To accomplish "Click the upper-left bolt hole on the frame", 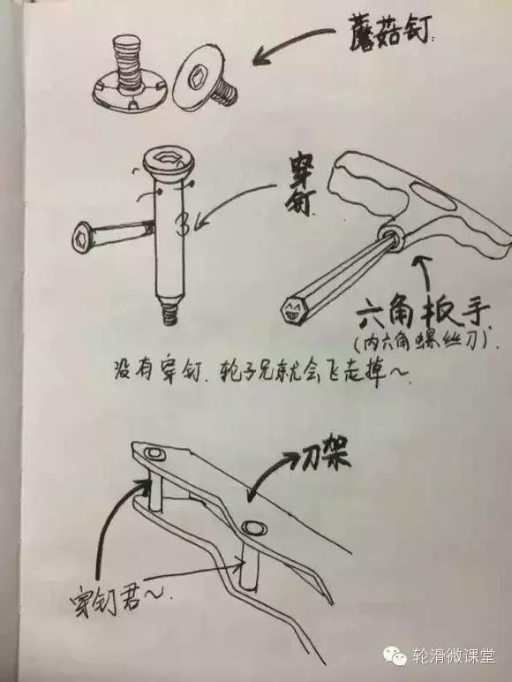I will (x=155, y=454).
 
